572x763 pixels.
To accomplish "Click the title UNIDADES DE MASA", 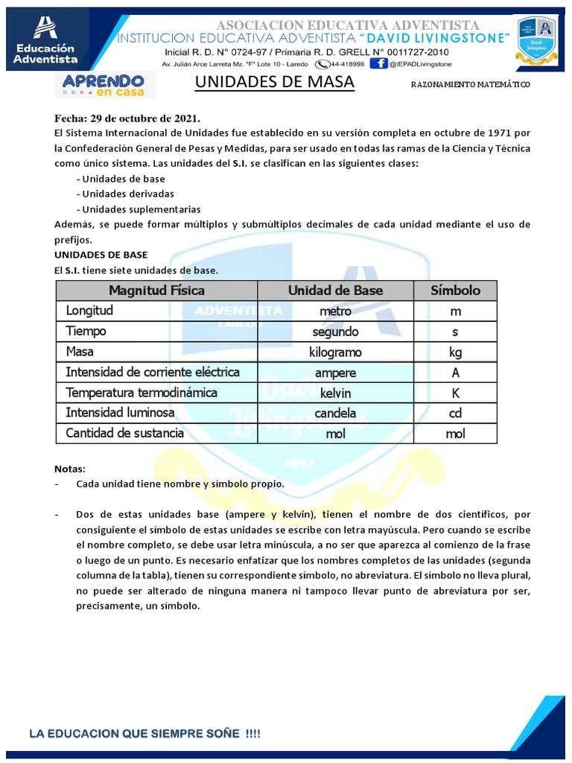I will [274, 83].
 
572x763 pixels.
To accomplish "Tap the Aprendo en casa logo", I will [105, 85].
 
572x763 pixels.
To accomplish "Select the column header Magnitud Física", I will [156, 291].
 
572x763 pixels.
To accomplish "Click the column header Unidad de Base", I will [335, 291].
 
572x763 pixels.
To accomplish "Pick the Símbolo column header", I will [455, 291].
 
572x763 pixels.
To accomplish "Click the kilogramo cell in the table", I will [335, 352].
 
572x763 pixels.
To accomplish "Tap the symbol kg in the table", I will [455, 352].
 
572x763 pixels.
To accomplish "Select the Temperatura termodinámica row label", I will [142, 392].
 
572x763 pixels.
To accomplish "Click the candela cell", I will [335, 413].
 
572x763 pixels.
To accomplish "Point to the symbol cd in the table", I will [455, 413].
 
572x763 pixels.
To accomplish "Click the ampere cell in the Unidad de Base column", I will [335, 373].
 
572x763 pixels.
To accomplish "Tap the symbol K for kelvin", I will [455, 393].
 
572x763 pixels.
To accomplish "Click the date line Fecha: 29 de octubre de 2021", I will [127, 118].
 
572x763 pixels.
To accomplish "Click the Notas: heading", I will [70, 469].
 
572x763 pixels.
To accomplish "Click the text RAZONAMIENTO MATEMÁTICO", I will [470, 85].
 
